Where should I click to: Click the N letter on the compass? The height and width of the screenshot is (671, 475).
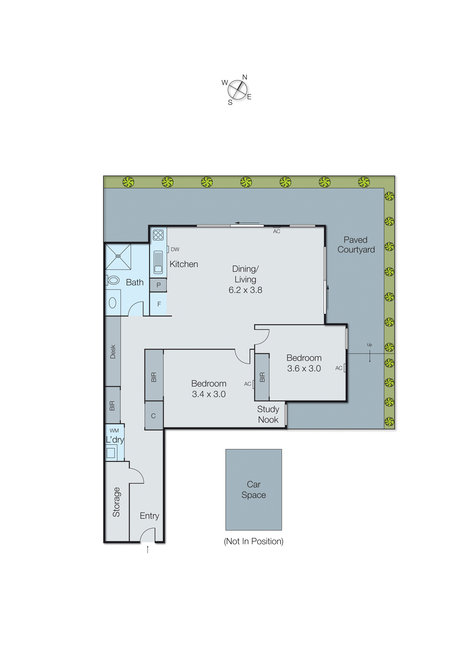[x=245, y=77]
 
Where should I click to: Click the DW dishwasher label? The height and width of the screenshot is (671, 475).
[x=175, y=249]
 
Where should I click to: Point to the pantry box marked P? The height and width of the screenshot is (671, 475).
[x=158, y=285]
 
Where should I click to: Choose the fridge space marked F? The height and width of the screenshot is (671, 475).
[x=159, y=304]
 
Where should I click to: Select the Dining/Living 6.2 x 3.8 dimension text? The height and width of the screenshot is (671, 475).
[x=245, y=290]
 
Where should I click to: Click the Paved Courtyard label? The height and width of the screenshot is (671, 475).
[x=356, y=245]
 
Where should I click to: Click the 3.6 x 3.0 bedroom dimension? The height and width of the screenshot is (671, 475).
[x=304, y=368]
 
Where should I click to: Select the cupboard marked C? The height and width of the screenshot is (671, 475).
[x=153, y=416]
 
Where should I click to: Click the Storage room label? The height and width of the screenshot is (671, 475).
[x=116, y=502]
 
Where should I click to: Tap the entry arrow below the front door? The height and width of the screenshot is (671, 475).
[x=148, y=550]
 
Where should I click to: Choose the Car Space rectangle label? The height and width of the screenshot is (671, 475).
[x=253, y=490]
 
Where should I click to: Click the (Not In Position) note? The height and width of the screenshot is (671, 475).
[x=253, y=541]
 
